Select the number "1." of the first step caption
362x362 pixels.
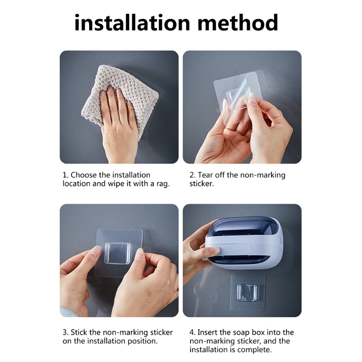pyautogui.click(x=66, y=175)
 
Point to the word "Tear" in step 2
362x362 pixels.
pyautogui.click(x=207, y=175)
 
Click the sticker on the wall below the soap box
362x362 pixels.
pyautogui.click(x=248, y=292)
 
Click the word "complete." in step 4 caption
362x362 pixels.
pyautogui.click(x=254, y=350)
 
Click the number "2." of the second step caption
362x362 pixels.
pyautogui.click(x=192, y=175)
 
